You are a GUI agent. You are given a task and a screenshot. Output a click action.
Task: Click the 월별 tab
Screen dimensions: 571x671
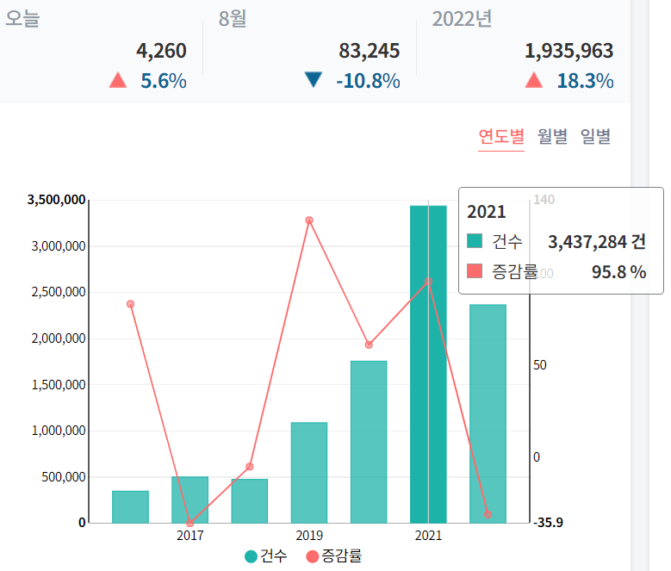point(552,136)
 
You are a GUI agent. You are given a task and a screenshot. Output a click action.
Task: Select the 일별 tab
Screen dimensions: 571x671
point(595,136)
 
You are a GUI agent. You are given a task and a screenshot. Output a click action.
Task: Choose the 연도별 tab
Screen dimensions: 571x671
point(501,136)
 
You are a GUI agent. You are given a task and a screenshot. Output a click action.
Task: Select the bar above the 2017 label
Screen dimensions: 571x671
point(189,500)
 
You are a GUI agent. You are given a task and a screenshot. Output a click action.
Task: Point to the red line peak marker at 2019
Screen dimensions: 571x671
point(308,220)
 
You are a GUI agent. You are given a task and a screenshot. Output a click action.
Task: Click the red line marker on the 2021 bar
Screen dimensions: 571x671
point(428,281)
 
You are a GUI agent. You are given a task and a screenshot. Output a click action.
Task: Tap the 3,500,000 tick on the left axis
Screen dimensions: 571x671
point(57,200)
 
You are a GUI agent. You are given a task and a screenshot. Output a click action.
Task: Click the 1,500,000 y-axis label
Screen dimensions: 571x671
point(57,385)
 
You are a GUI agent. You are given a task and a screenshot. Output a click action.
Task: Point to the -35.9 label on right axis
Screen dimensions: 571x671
point(549,523)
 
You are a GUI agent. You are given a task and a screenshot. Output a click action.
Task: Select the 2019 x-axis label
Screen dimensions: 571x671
point(309,536)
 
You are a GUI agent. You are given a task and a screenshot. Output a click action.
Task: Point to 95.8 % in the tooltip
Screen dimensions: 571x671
point(618,272)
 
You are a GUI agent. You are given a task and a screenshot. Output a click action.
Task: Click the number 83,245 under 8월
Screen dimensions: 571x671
point(370,52)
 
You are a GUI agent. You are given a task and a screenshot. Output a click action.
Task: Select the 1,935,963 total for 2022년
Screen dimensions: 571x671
point(569,52)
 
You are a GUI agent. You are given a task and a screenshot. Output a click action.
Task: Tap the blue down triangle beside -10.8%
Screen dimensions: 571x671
point(313,81)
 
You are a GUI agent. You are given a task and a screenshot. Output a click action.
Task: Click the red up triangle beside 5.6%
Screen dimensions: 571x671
point(118,81)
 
